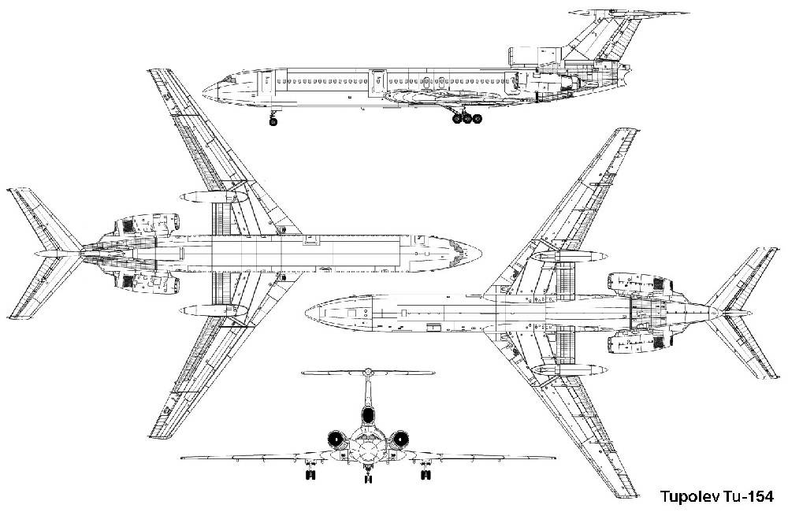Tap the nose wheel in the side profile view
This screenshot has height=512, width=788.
273,121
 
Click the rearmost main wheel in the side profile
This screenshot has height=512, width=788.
477,119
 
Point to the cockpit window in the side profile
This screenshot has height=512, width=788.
229,80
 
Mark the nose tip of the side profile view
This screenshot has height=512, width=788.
203,92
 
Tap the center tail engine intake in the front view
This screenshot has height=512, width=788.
368,416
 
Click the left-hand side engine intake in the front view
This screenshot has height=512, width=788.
335,440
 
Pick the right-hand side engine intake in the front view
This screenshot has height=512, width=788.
400,440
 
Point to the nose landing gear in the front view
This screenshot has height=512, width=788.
368,475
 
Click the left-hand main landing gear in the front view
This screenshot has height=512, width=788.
310,472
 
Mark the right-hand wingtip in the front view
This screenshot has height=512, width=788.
554,458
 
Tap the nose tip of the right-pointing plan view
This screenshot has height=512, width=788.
481,254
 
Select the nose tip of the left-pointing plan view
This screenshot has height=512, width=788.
306,314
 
